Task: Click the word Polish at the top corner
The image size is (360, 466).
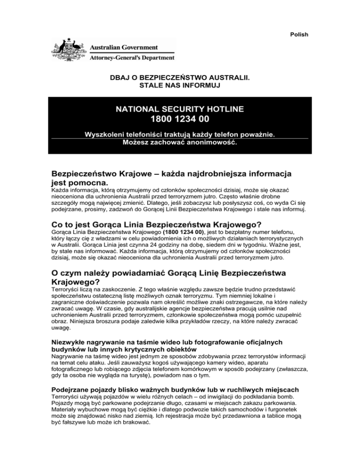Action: pos(299,34)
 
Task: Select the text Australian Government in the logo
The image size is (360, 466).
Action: pos(123,48)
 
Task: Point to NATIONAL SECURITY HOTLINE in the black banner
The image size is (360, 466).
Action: pos(180,109)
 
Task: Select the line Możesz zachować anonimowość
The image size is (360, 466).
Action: pos(180,142)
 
